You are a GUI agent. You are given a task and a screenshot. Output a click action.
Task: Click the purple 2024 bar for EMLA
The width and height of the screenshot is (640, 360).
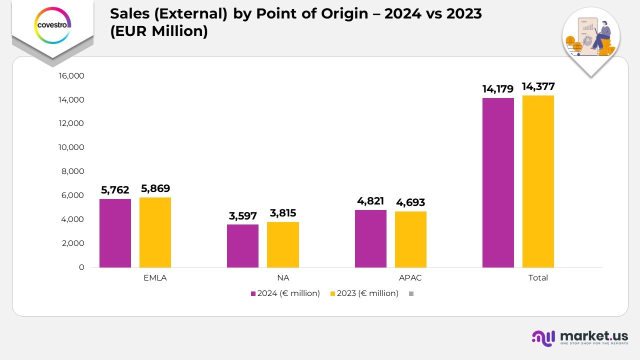[x=115, y=233]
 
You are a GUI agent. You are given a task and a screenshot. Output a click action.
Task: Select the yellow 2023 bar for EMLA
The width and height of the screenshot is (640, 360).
[x=155, y=232]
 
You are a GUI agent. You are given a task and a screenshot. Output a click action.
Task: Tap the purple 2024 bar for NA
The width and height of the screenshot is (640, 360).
[x=242, y=246]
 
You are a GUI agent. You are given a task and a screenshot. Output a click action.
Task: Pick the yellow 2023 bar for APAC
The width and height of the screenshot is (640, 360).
[x=410, y=239]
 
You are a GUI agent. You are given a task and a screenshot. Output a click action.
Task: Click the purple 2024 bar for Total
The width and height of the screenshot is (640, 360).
[x=498, y=182]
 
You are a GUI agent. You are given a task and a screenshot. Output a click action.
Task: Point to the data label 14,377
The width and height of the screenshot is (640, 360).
[x=538, y=86]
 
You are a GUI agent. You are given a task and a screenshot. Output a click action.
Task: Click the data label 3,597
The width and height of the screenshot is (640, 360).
[x=242, y=216]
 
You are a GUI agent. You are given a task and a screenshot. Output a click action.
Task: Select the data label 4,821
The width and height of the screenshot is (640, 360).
[x=370, y=201]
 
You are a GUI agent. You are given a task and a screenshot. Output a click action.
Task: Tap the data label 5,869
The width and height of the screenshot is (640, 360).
[x=155, y=188]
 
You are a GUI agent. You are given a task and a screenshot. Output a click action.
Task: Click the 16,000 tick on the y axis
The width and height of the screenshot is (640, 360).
[x=71, y=76]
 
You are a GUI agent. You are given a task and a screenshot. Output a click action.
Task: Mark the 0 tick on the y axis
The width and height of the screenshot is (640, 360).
[x=81, y=267]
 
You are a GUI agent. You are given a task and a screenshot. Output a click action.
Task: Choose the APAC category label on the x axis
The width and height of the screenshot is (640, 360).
[x=410, y=278]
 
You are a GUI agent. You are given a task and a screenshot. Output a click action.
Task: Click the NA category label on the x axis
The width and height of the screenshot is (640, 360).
[x=282, y=278]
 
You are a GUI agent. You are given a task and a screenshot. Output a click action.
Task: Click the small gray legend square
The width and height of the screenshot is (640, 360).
[x=411, y=294]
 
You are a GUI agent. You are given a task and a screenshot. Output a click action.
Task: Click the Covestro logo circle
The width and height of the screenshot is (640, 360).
[x=52, y=24]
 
